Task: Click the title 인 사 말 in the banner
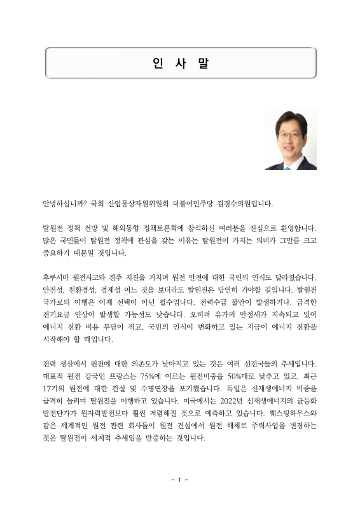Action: tap(180, 63)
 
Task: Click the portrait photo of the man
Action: tap(291, 141)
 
